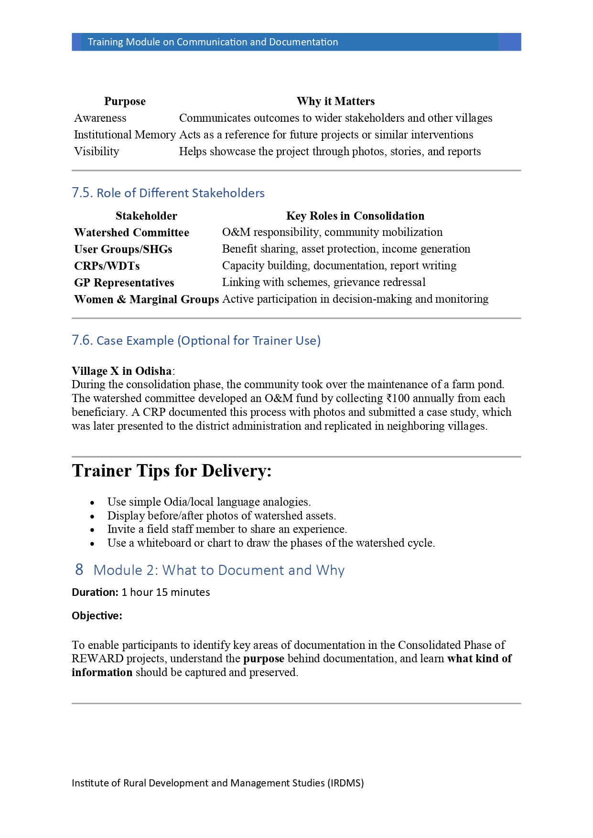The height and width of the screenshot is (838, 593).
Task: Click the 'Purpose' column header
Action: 125,101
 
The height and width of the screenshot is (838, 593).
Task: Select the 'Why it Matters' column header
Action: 335,101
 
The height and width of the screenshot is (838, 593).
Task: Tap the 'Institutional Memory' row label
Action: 125,135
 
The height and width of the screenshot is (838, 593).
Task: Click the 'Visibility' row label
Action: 97,151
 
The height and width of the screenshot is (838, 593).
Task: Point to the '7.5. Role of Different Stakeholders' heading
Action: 168,193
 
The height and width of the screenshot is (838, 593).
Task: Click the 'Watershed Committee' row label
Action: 131,233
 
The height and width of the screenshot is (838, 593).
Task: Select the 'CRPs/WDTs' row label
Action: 107,266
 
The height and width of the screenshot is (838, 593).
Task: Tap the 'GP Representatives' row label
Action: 124,283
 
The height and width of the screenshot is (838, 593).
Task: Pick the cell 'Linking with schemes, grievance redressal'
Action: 323,282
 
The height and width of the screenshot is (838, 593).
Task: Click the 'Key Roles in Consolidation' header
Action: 355,216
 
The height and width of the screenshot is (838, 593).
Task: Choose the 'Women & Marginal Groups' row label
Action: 146,299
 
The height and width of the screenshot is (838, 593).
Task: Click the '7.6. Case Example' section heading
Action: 196,340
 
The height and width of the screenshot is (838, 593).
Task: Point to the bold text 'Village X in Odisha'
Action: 122,371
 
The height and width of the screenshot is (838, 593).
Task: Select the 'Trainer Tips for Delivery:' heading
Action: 172,471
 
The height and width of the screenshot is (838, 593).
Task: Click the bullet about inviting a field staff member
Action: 227,529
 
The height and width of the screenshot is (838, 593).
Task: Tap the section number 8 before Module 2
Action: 79,570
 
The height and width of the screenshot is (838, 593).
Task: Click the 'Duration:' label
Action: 95,592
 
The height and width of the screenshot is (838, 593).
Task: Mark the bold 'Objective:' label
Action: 97,616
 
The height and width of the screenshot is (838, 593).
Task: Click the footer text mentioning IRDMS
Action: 217,783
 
